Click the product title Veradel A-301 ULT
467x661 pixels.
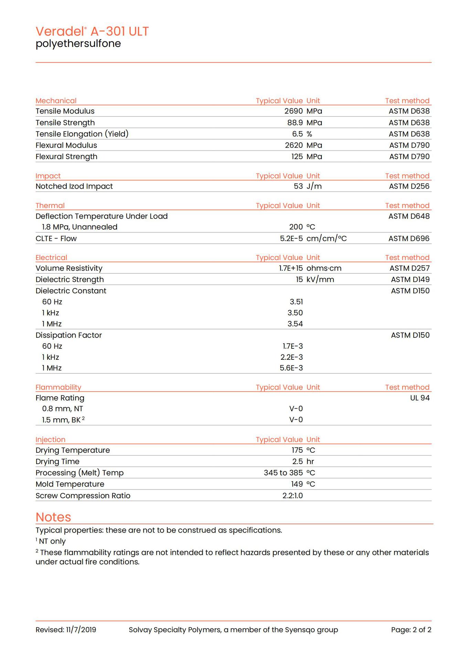click(x=92, y=31)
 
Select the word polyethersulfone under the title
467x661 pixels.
click(x=78, y=44)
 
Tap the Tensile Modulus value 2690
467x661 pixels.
click(x=293, y=111)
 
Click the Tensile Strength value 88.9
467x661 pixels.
click(x=295, y=123)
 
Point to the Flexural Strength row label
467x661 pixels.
click(x=66, y=157)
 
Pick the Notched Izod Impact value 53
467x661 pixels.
click(x=298, y=186)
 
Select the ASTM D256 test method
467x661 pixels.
click(x=409, y=186)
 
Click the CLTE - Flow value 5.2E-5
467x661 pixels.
click(x=291, y=239)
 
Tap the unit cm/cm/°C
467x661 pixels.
click(x=326, y=239)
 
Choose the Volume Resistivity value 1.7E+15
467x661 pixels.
click(x=291, y=268)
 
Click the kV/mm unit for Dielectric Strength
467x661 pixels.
click(x=320, y=280)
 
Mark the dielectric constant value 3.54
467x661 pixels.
click(x=295, y=324)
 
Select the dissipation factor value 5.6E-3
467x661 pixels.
click(x=291, y=368)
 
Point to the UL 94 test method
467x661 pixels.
click(x=420, y=398)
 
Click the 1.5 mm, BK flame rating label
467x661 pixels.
click(x=61, y=420)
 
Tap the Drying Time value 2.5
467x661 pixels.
click(x=297, y=462)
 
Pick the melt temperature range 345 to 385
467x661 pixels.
click(x=283, y=473)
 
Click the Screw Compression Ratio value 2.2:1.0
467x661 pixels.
click(x=293, y=496)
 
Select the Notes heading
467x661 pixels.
click(x=53, y=517)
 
